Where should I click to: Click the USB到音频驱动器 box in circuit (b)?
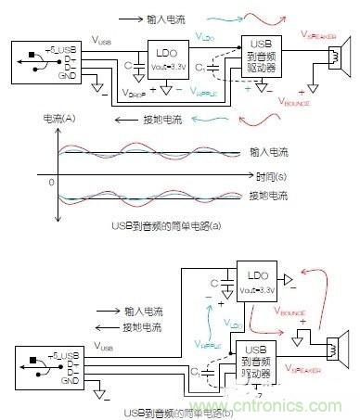pos(255,358)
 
